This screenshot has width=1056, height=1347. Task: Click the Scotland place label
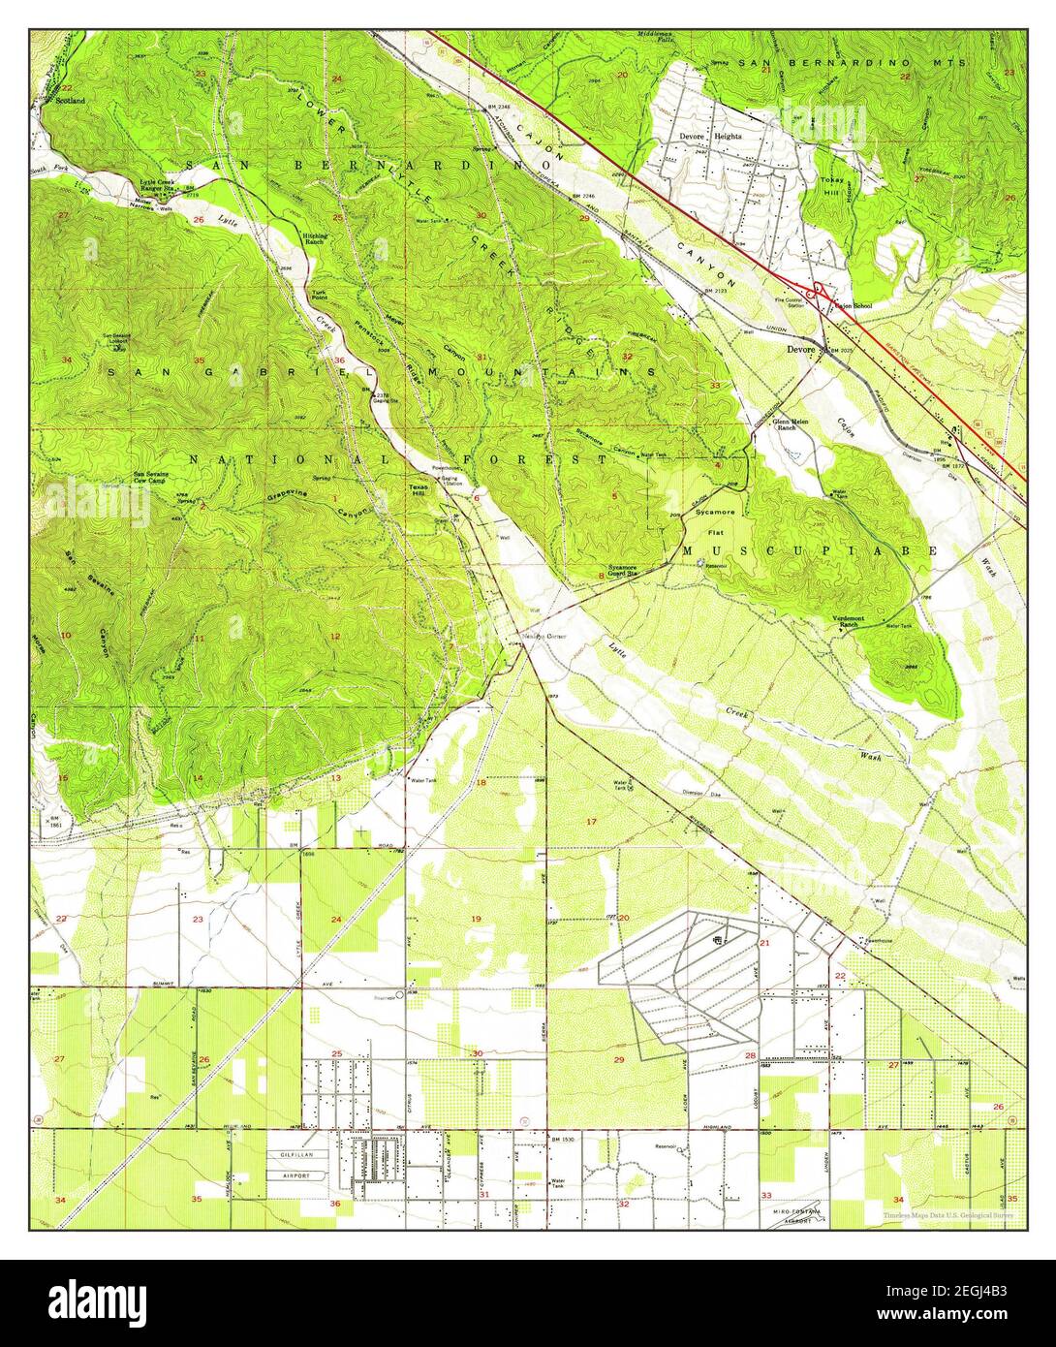(70, 100)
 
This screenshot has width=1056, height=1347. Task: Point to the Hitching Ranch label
(314, 237)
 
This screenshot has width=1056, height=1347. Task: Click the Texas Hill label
(418, 491)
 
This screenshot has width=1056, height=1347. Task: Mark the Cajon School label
(853, 306)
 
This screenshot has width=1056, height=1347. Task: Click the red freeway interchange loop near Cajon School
(820, 290)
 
